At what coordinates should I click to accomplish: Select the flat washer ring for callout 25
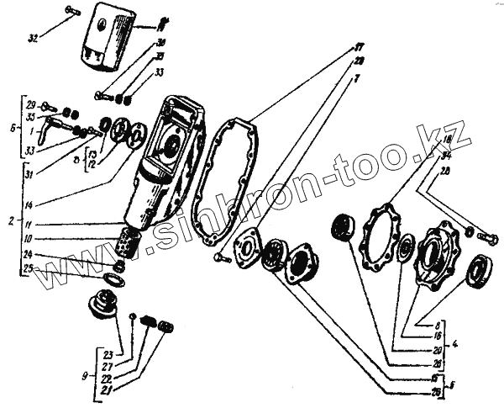(113, 277)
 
